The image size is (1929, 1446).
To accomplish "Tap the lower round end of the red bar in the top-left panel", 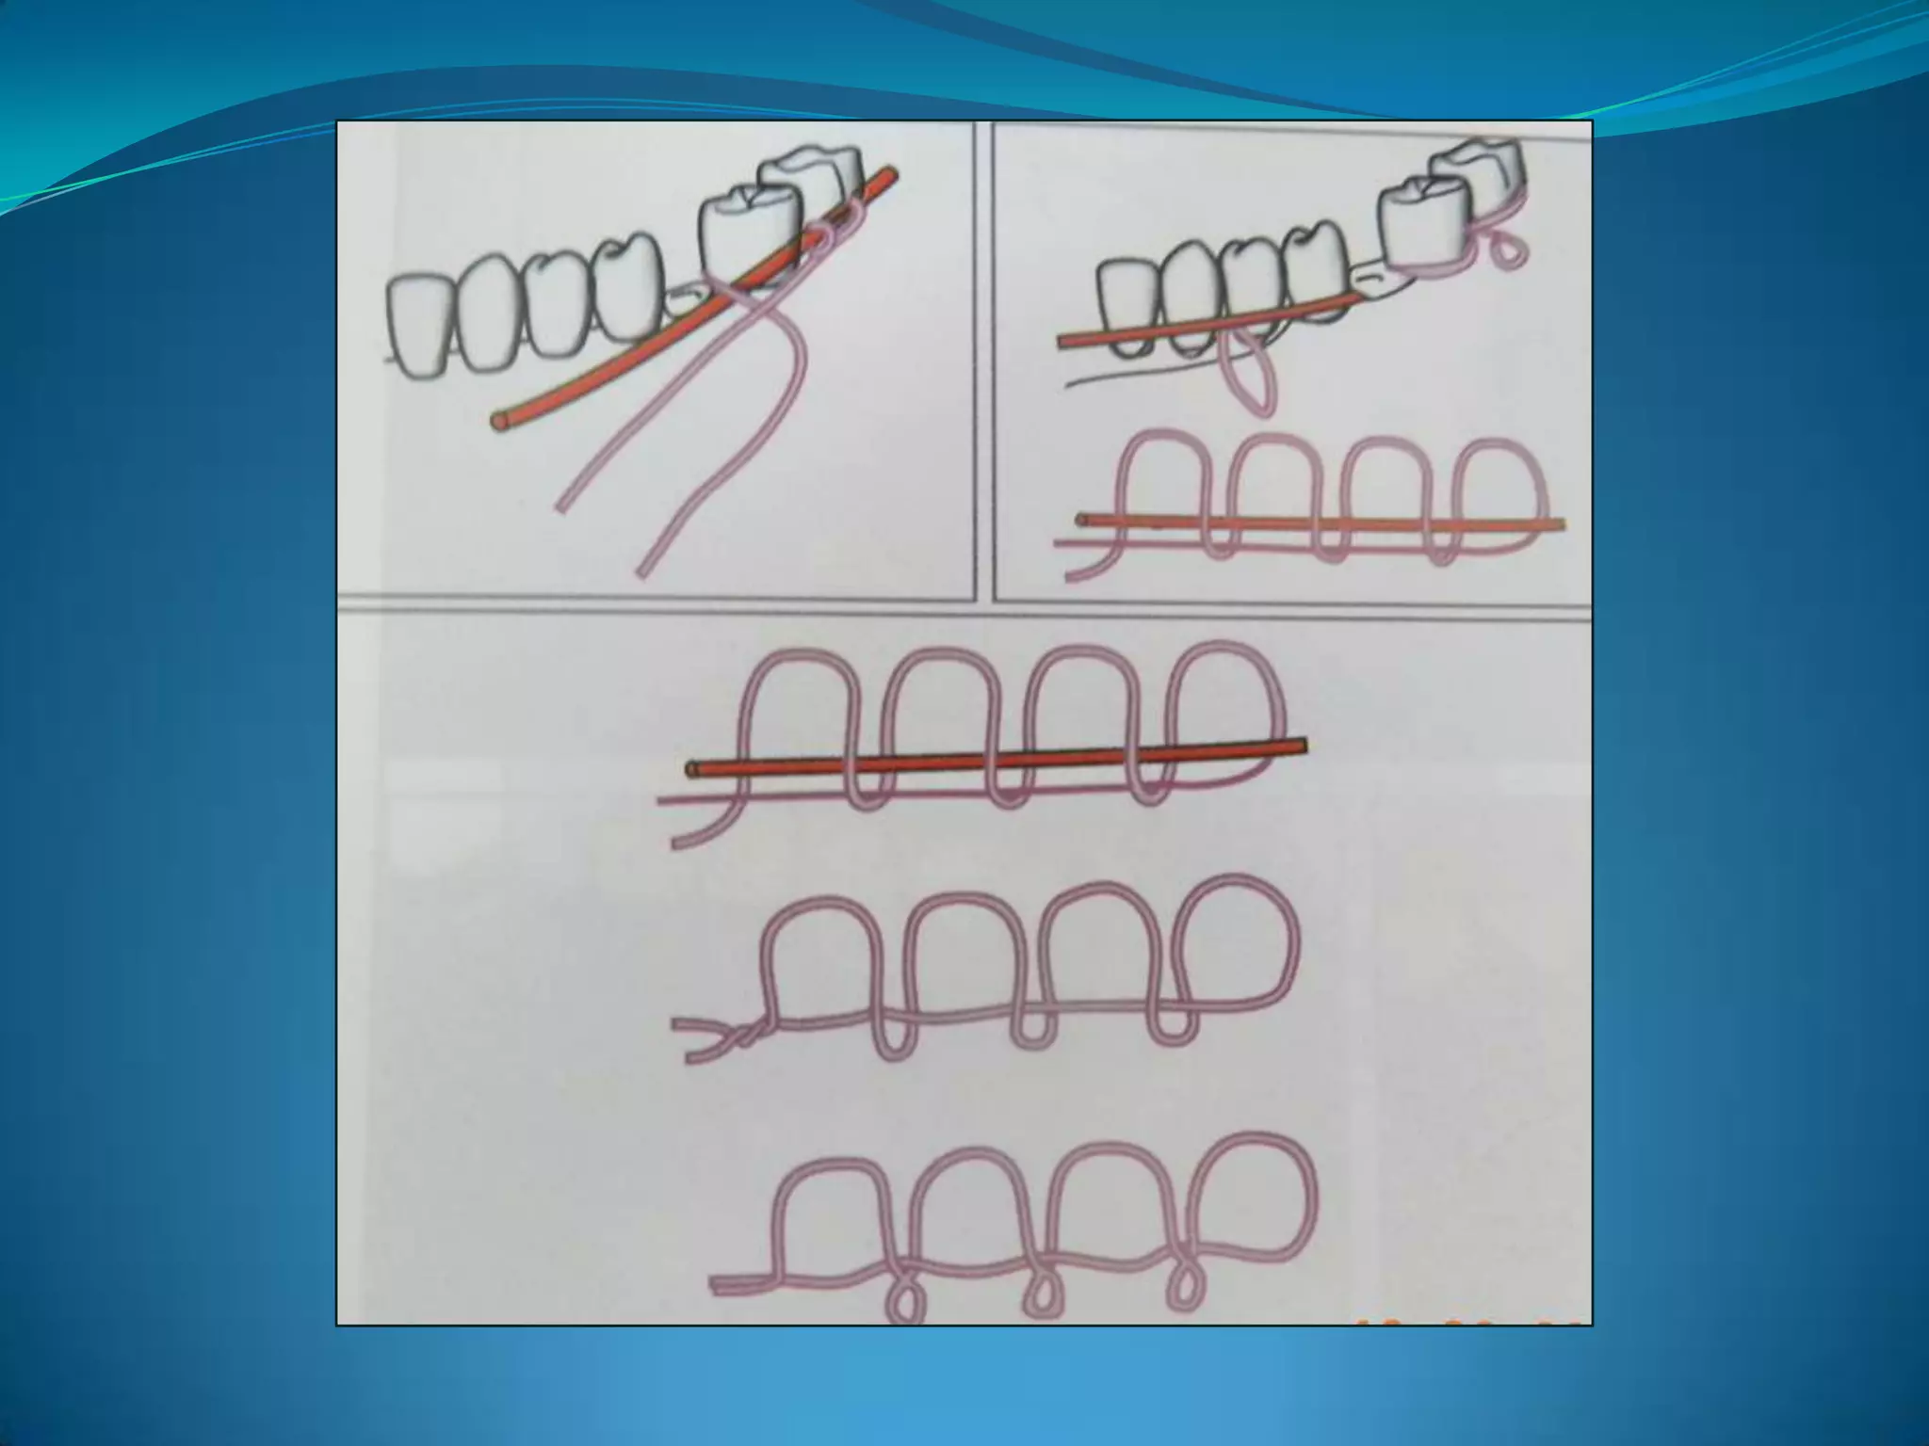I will tap(497, 421).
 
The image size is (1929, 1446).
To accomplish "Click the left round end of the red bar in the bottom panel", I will tap(693, 769).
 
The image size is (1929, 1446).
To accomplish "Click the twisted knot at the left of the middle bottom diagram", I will tap(744, 1035).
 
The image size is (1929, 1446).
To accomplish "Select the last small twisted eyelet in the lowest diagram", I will tap(1181, 1290).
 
